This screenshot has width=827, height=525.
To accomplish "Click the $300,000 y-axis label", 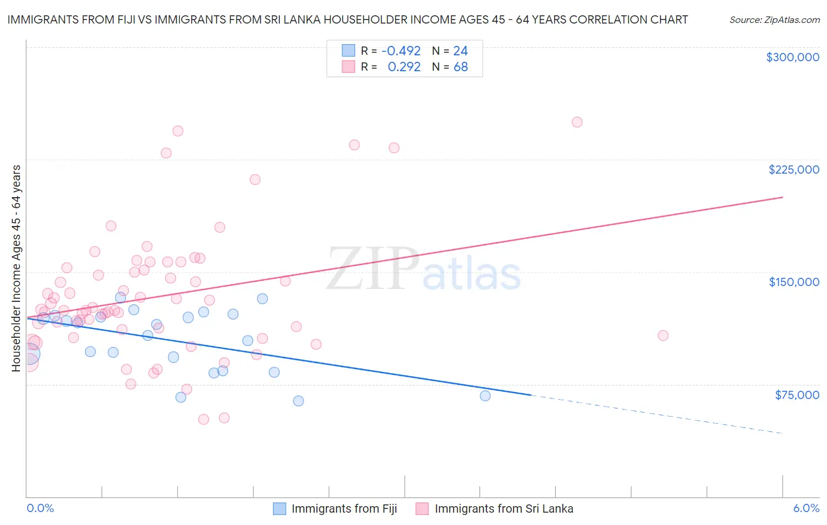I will [792, 57].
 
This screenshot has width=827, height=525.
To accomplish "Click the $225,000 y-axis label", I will [793, 170].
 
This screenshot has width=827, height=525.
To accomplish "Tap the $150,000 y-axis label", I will [793, 282].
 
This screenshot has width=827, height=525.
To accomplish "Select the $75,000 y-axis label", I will [797, 395].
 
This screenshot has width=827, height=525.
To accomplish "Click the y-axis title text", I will [16, 268].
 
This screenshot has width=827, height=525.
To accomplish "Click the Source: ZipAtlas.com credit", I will [774, 20].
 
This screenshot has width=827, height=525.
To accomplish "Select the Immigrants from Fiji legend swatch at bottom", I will [279, 509].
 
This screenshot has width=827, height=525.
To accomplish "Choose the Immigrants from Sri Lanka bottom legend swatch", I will [422, 509].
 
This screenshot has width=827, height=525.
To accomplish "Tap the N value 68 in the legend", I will [461, 67].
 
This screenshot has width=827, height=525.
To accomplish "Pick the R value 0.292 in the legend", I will [404, 67].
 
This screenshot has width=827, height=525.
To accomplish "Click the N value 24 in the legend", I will [461, 51].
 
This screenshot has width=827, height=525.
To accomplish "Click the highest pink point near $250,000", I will [577, 122].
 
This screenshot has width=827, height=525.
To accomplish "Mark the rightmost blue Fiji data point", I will [485, 396].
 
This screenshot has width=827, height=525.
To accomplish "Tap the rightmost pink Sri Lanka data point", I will [663, 335].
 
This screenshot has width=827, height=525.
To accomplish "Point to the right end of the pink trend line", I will [782, 197].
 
